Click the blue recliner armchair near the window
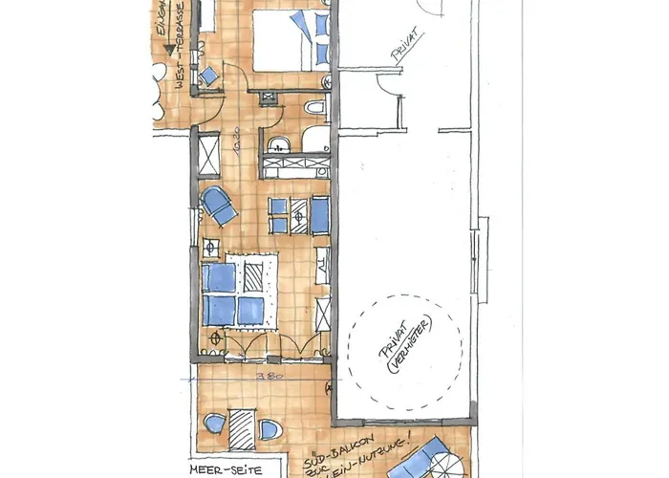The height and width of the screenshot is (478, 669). (x=220, y=206)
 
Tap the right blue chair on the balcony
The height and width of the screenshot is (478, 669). (x=270, y=429)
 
